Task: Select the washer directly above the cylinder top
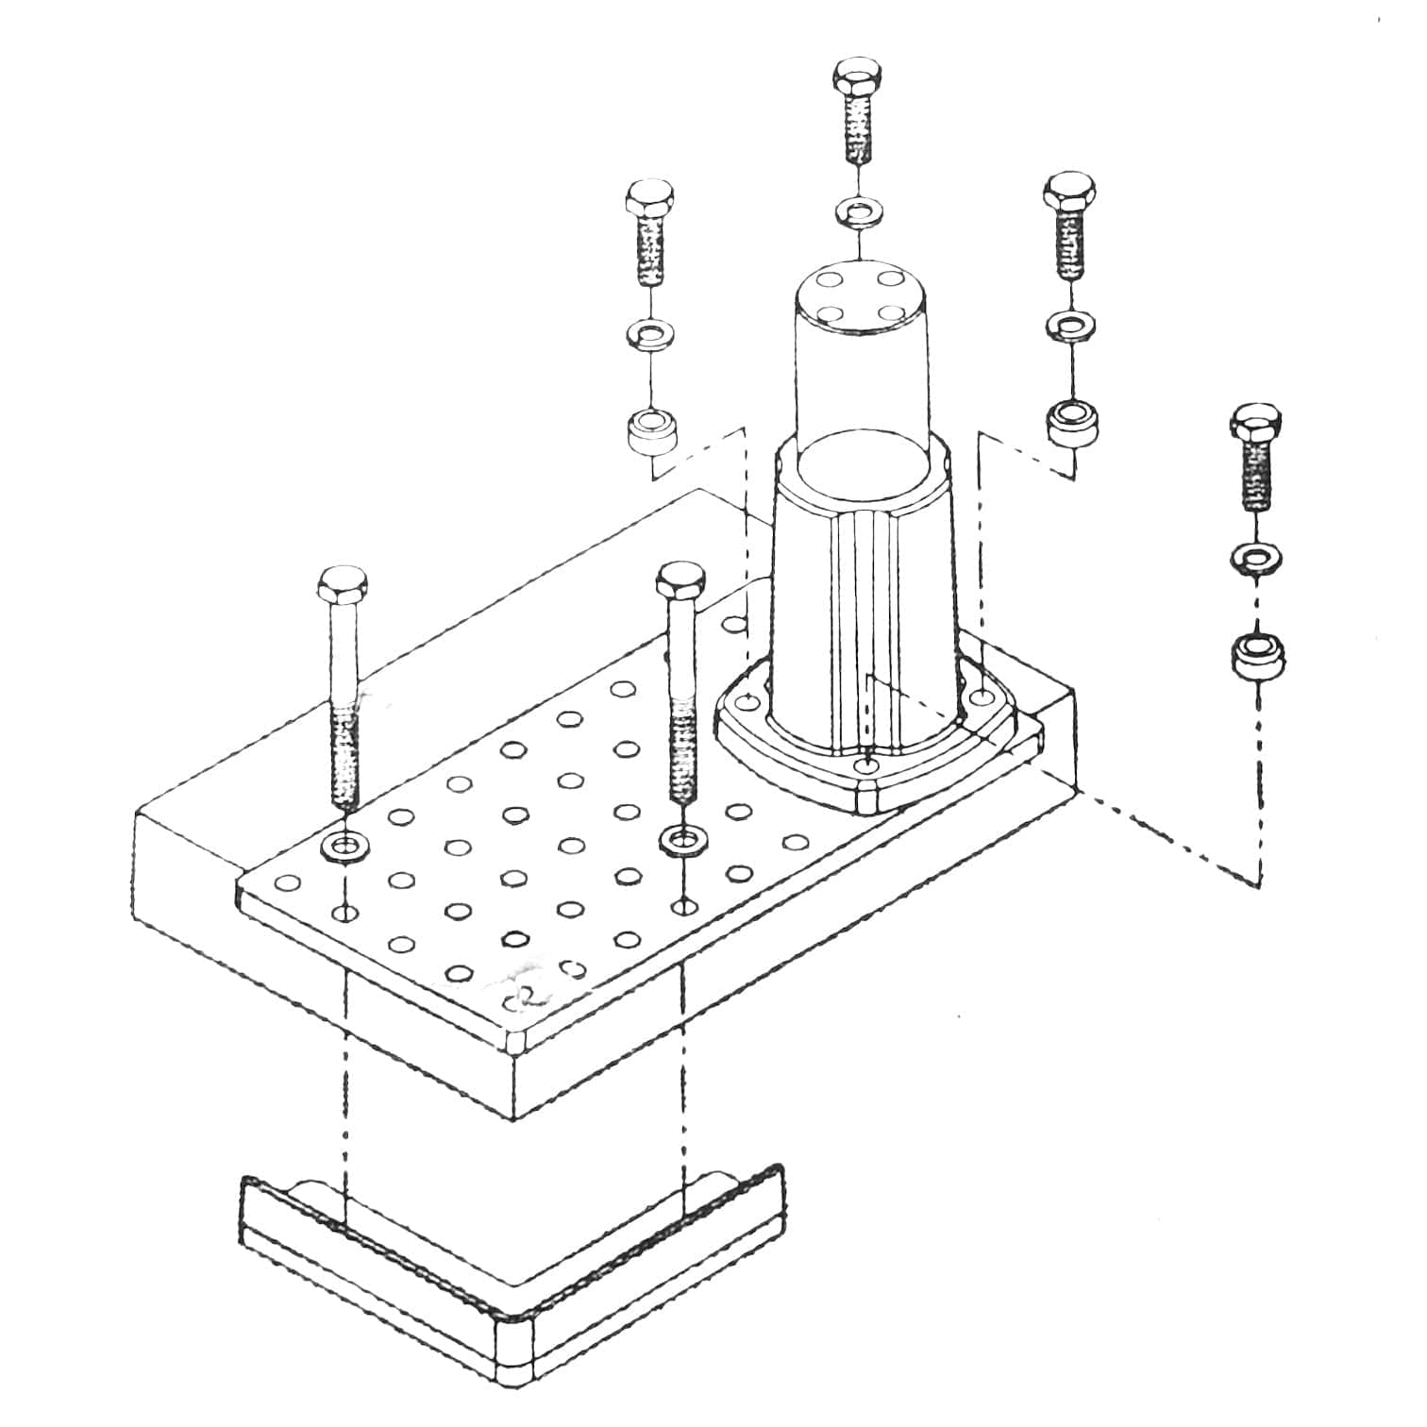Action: click(858, 211)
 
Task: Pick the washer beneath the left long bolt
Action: click(345, 844)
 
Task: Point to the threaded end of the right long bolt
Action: click(683, 755)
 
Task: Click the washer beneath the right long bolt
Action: click(683, 838)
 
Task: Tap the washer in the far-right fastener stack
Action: click(1256, 558)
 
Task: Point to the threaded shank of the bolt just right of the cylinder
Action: click(1069, 243)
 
